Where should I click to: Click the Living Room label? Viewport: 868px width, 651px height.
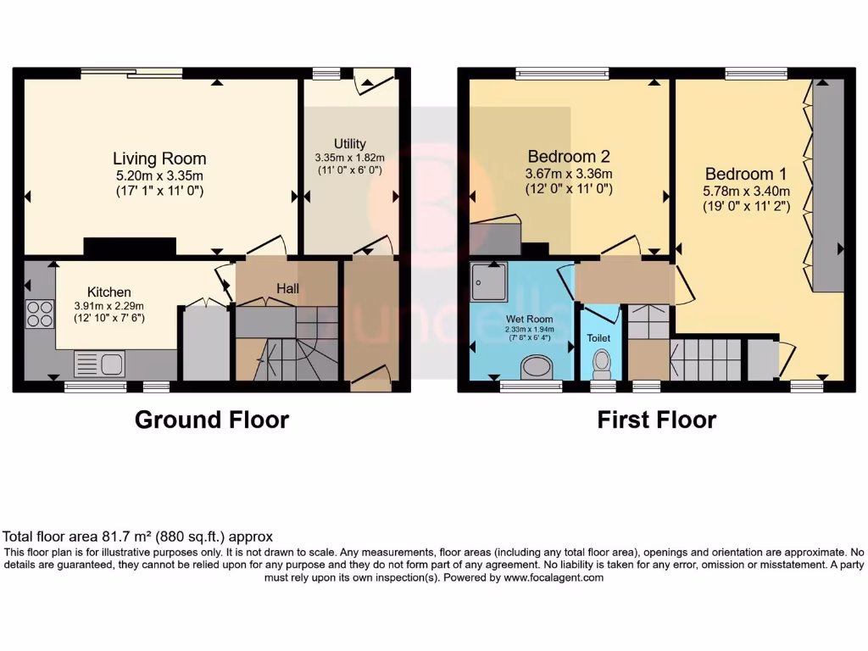click(159, 159)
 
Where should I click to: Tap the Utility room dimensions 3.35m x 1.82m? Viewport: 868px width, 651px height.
click(349, 157)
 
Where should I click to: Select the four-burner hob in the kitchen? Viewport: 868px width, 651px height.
click(40, 314)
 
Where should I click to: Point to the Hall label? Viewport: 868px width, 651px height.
click(287, 289)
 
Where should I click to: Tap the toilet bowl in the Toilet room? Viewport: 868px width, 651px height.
click(602, 364)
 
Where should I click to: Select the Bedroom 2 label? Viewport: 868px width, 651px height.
click(569, 157)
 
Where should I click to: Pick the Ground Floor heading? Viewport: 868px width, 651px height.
click(212, 420)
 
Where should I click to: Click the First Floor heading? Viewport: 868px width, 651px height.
click(657, 420)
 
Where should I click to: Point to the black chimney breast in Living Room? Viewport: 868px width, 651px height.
click(130, 247)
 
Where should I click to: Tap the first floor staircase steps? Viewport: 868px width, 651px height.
click(705, 359)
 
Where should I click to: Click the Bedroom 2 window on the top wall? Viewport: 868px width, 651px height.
click(563, 74)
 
